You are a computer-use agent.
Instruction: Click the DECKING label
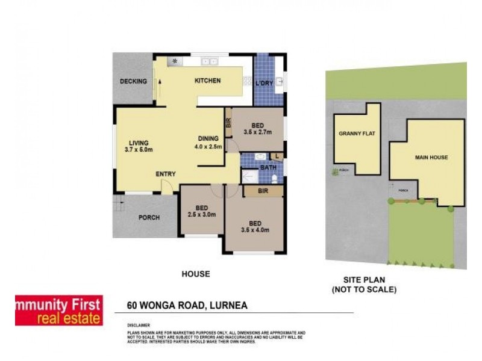pos(133,82)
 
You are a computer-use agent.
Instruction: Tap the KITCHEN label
pos(207,81)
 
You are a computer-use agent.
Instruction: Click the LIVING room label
pos(138,143)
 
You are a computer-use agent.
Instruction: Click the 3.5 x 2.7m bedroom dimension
pos(258,132)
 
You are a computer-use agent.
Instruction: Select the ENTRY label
pos(166,174)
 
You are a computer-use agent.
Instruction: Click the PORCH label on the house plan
pos(149,218)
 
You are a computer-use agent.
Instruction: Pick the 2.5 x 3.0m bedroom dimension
pos(201,215)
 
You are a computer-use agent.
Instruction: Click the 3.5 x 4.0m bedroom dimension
pos(254,229)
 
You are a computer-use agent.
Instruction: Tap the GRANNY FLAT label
pos(357,134)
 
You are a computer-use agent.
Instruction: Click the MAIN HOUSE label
pos(431,158)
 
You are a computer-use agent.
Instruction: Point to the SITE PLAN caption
pos(364,280)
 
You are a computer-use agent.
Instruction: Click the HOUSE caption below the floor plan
pos(196,274)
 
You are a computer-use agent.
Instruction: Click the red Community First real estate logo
pos(58,310)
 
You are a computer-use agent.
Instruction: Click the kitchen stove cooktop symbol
pos(175,61)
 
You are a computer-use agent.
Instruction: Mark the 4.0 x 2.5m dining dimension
pos(208,146)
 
